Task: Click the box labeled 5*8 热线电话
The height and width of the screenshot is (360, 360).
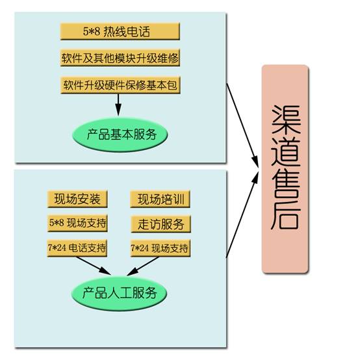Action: [x=120, y=31]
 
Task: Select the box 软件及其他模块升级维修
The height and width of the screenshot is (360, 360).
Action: [x=120, y=58]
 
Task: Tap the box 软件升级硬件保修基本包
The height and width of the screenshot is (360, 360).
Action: [x=120, y=85]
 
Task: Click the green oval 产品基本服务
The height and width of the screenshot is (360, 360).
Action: [x=120, y=135]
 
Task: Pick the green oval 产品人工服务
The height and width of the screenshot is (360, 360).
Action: [x=120, y=293]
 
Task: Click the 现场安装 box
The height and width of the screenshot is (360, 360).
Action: [x=77, y=199]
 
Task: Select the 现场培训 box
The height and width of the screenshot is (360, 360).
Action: [x=160, y=199]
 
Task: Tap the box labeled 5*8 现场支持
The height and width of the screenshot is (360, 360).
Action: [x=77, y=223]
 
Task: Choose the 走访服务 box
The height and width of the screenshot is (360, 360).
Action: [x=161, y=224]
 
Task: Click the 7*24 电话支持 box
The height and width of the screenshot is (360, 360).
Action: [x=77, y=248]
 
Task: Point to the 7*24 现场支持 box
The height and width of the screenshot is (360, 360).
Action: [x=161, y=248]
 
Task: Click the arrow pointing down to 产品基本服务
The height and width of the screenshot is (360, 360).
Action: [x=118, y=105]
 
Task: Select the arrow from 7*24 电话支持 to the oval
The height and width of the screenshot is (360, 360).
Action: [x=94, y=266]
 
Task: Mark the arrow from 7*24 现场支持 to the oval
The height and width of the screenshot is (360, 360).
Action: [x=143, y=266]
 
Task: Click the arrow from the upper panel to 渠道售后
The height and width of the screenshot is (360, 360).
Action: [x=242, y=125]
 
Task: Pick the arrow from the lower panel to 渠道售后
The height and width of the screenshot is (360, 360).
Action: [x=242, y=214]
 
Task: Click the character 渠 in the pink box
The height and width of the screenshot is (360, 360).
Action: [x=286, y=120]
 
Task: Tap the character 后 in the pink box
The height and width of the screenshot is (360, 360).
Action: [x=286, y=215]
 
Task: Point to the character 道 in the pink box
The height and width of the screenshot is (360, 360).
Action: [x=286, y=151]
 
